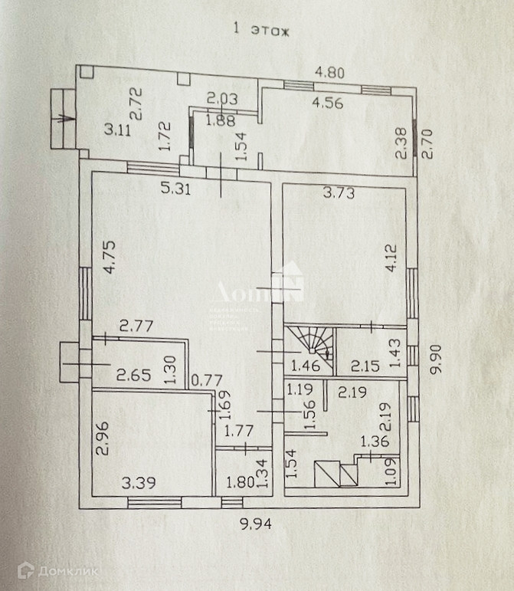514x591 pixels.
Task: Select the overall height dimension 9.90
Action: (x=437, y=358)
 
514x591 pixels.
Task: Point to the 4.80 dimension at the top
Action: (x=332, y=74)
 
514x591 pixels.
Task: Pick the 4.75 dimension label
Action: (x=107, y=258)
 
